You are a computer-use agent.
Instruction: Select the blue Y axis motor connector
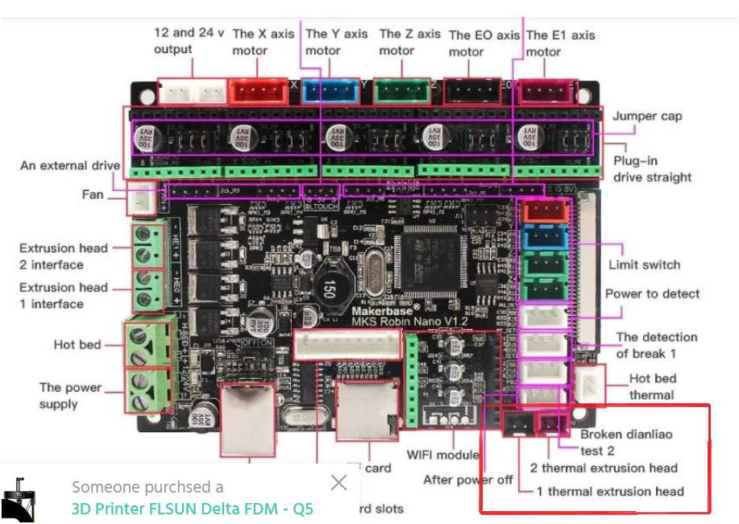pos(331,90)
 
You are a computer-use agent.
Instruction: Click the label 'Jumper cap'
pos(647,116)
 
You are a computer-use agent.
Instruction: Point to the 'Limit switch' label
pos(644,264)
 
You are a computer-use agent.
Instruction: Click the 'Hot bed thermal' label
pos(652,386)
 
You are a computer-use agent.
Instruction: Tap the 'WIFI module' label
pos(443,455)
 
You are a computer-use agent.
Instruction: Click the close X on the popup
pos(338,482)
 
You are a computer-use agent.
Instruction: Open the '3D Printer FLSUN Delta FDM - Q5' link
pos(192,509)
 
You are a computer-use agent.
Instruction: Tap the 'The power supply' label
pos(71,395)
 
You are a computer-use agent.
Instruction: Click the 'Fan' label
pos(93,194)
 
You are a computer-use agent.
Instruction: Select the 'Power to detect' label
pos(652,294)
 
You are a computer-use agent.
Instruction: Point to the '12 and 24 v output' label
pos(184,41)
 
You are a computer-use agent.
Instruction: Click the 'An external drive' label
pos(70,165)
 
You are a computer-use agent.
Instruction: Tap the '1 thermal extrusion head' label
pos(610,491)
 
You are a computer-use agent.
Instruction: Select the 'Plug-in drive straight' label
pos(652,168)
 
